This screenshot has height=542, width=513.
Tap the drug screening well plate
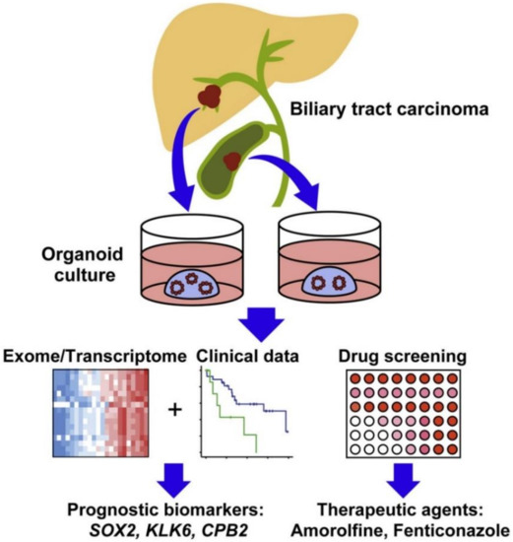pos(417,414)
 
